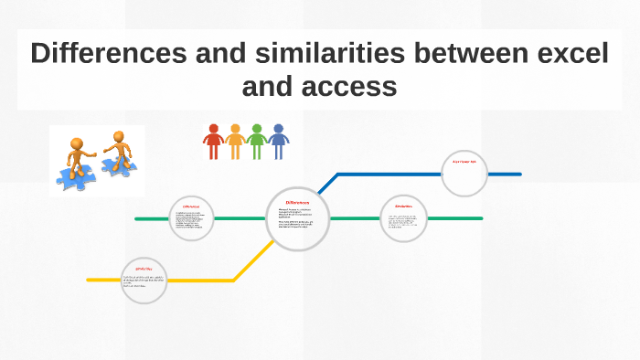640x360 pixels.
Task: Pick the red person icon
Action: click(x=214, y=142)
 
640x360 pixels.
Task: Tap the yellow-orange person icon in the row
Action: click(x=235, y=142)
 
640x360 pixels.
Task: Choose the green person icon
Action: click(x=257, y=142)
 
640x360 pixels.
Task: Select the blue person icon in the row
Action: click(x=278, y=142)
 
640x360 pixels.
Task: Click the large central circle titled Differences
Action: click(x=298, y=219)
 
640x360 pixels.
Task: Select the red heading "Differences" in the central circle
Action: click(x=298, y=203)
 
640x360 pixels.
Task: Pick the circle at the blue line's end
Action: click(x=464, y=174)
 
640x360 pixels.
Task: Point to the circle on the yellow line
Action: click(x=144, y=280)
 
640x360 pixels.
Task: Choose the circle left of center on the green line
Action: click(x=191, y=219)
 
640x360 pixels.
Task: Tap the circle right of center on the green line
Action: click(x=403, y=219)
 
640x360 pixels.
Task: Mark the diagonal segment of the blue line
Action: click(x=323, y=188)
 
